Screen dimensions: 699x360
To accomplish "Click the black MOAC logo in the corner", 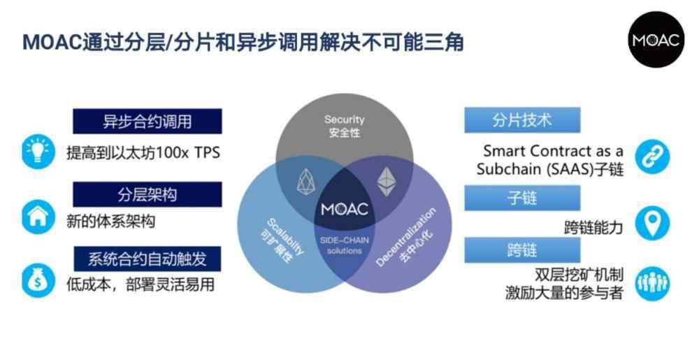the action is coord(656,40).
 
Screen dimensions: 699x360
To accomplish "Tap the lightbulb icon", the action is coord(38,152).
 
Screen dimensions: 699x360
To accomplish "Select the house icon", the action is coord(38,217).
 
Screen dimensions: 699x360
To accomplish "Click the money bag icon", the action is coord(38,281).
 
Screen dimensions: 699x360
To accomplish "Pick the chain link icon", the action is coord(653,157).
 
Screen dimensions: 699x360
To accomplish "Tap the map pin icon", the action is coord(653,224).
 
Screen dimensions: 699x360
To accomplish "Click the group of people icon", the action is coord(653,284).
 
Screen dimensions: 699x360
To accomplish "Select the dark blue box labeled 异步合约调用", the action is coord(147,121).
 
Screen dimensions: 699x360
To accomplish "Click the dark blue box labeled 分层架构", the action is coord(147,194).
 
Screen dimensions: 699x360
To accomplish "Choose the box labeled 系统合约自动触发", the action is coord(147,259).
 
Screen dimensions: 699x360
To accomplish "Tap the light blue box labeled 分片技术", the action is coord(522,120).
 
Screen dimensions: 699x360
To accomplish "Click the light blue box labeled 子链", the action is coord(522,198).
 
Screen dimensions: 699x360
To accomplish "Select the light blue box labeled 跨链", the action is coord(522,250).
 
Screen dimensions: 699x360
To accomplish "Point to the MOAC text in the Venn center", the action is coord(345,209).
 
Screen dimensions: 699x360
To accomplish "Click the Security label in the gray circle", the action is coord(344,120).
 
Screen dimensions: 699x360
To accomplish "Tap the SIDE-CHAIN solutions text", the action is coord(344,245).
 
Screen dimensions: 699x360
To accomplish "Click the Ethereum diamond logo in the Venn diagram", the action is coord(386,182).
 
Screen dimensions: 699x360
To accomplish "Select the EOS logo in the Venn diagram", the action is coord(306,182).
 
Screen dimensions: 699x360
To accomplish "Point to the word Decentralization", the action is coord(405,237).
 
